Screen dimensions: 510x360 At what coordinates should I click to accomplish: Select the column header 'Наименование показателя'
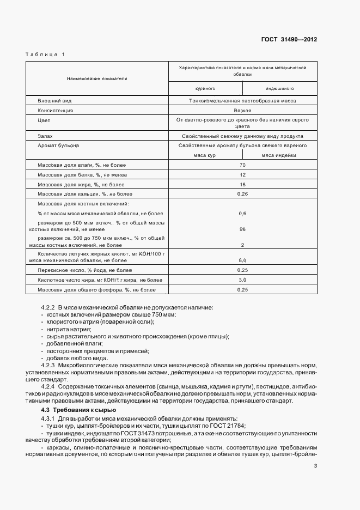coord(97,78)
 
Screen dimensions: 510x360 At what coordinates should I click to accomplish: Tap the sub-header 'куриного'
coord(205,88)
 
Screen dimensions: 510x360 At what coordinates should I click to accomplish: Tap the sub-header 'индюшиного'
coord(280,88)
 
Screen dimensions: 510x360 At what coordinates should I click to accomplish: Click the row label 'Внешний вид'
coord(55,101)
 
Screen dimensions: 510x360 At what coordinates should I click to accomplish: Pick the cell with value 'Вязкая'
coord(242,110)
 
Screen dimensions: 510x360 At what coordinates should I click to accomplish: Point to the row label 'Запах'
coord(45,136)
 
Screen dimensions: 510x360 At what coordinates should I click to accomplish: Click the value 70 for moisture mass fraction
coord(242,165)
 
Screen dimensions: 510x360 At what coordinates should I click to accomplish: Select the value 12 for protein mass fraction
coord(242,174)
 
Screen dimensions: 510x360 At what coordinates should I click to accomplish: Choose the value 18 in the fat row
coord(242,184)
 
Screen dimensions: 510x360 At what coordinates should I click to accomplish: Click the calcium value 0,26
coord(242,193)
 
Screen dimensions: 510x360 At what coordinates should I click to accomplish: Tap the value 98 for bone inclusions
coord(242,229)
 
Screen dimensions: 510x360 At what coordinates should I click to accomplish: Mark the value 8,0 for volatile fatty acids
coord(242,260)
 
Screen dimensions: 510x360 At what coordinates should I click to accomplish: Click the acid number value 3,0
coord(242,280)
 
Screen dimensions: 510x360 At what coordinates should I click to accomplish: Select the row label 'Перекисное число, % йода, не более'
coord(84,270)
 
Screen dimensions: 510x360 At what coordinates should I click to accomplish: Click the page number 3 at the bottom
coord(315,466)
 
